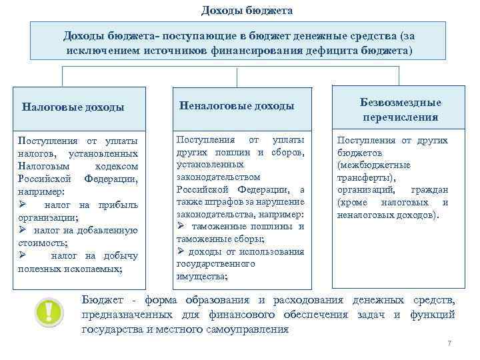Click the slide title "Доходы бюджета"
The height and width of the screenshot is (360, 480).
(247, 11)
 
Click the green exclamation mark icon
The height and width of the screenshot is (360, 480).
(49, 311)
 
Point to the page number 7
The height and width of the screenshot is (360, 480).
(449, 343)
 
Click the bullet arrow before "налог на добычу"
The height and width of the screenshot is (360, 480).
(22, 255)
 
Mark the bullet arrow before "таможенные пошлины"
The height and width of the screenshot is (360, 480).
(181, 226)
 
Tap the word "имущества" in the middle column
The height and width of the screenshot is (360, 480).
(201, 276)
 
